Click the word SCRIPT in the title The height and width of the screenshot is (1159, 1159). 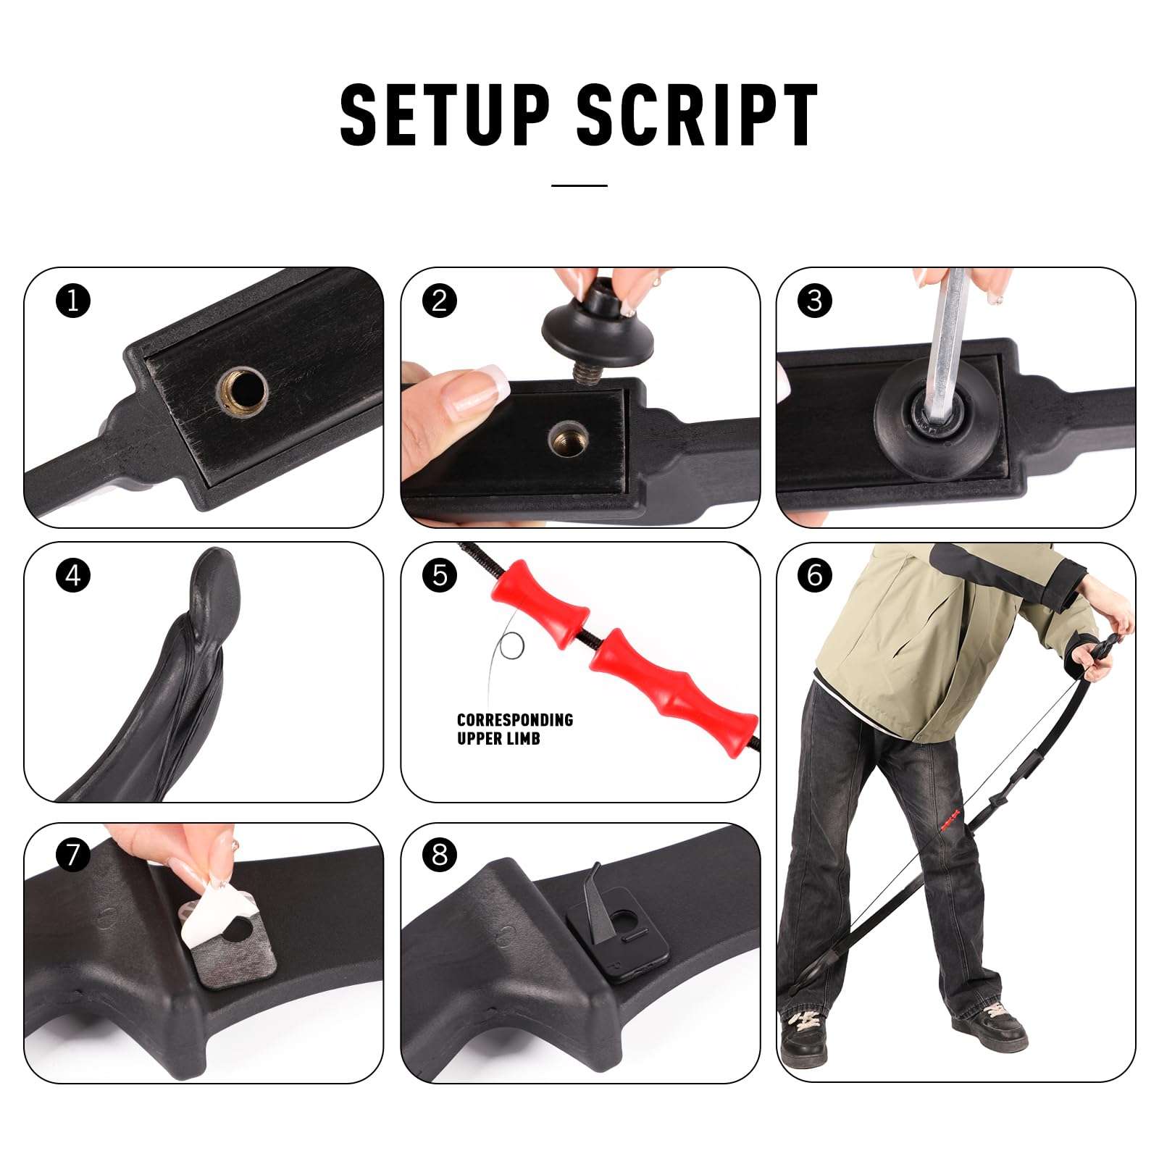tap(698, 114)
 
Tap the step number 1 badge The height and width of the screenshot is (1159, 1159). tap(73, 300)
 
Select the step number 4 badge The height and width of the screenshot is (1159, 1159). tap(73, 576)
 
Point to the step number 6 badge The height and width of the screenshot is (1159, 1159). tap(815, 575)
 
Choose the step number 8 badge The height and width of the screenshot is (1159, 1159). tap(440, 855)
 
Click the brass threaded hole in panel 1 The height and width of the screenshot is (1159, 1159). tap(243, 392)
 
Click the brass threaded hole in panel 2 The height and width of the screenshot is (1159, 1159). tap(569, 439)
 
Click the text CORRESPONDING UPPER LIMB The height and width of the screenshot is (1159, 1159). tap(515, 729)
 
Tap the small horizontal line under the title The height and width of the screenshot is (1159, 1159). tap(579, 186)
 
